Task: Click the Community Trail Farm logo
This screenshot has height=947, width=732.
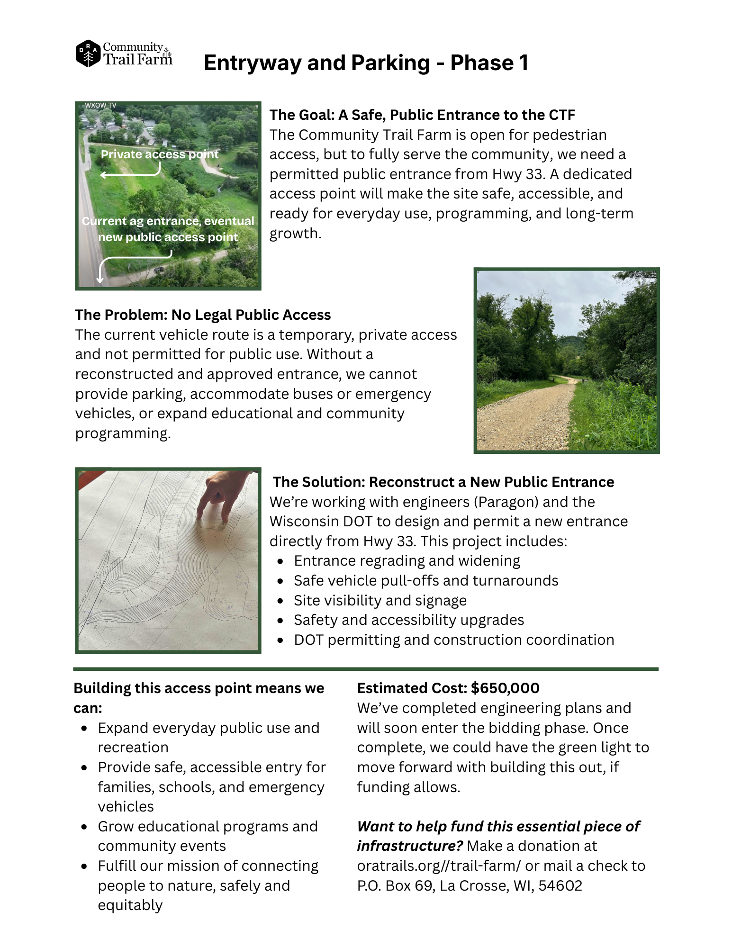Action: point(124,54)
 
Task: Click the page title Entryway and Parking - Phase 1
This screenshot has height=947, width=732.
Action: point(366,63)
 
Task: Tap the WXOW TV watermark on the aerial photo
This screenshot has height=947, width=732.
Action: point(100,105)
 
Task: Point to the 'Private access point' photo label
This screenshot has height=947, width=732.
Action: point(160,154)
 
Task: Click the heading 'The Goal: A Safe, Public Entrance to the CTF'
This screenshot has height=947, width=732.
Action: point(422,115)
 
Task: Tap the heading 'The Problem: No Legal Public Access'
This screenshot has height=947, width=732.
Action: point(203,315)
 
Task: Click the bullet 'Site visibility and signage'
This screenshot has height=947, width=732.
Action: point(380,601)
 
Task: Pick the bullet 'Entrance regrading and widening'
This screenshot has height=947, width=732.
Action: point(407,561)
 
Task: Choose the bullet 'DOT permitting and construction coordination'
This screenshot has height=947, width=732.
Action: point(453,640)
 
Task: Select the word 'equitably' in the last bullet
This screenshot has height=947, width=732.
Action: point(130,905)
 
